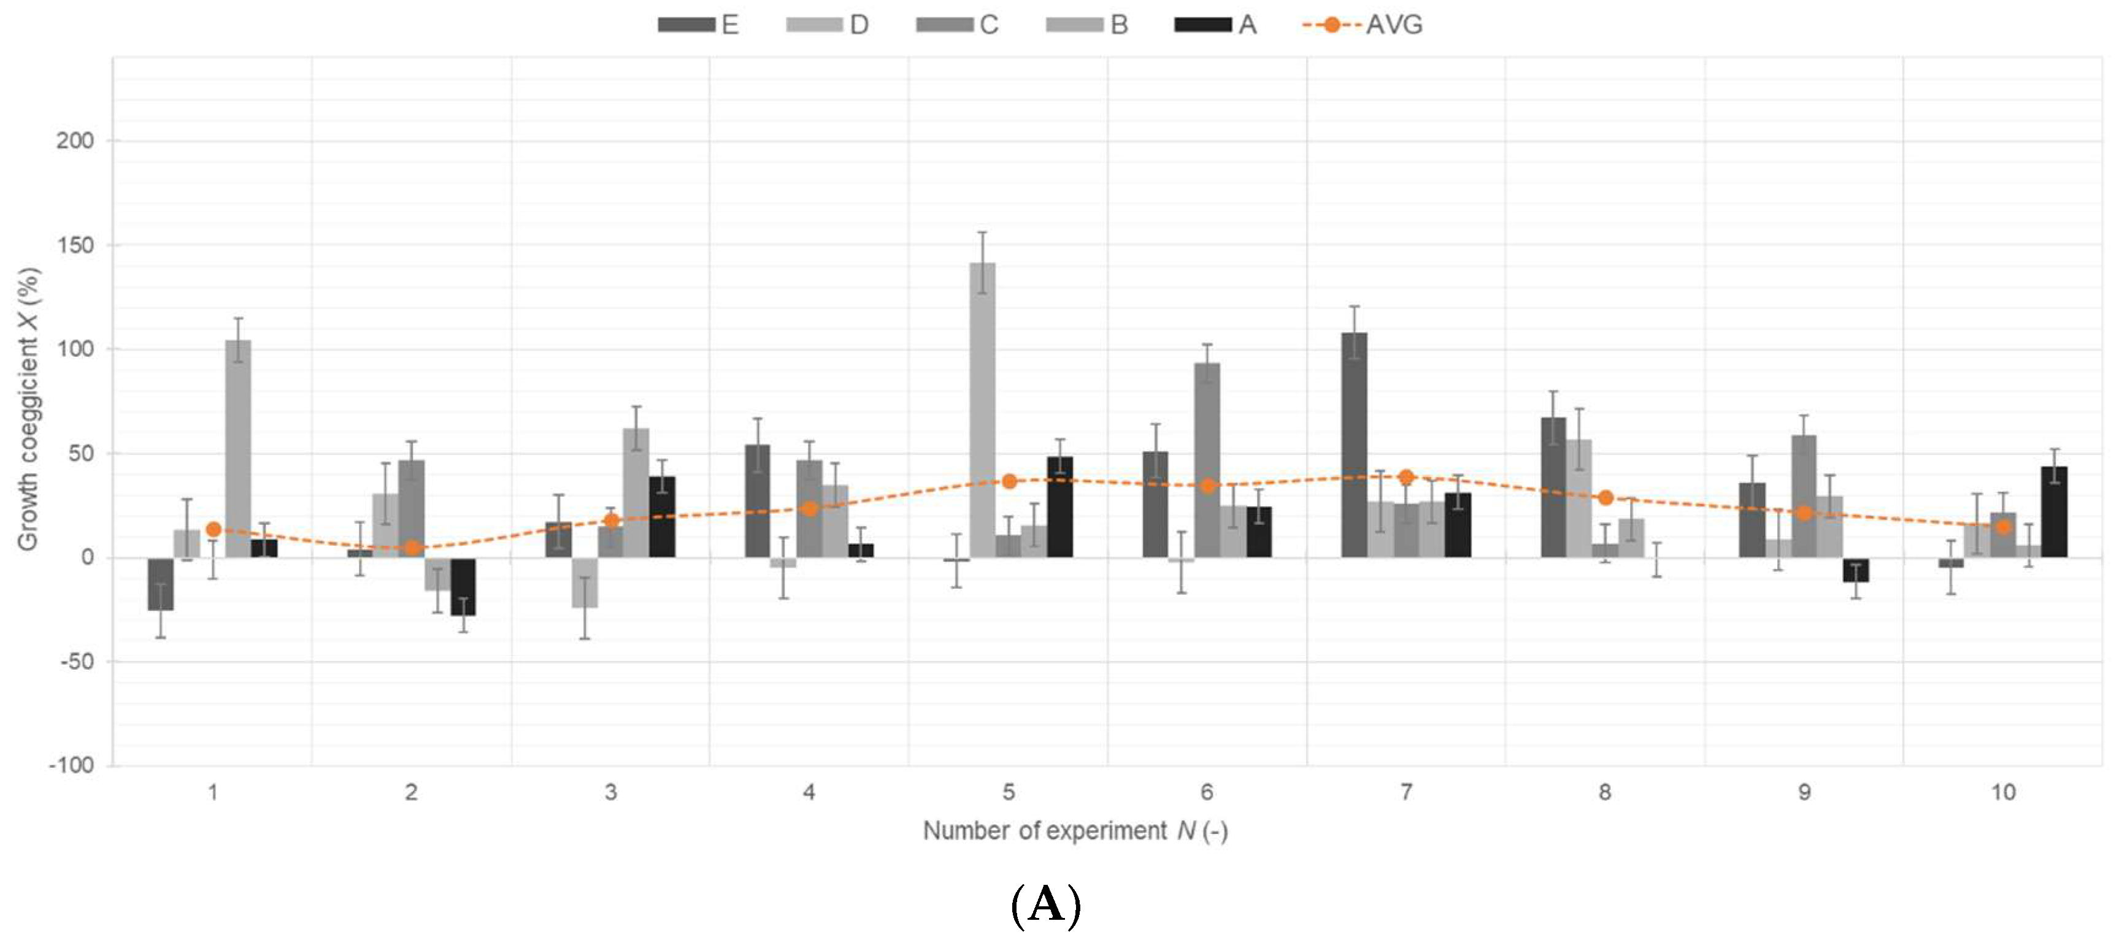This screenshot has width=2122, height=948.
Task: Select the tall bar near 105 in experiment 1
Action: [238, 449]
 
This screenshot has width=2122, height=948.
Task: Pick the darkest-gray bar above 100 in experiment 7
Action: [1355, 445]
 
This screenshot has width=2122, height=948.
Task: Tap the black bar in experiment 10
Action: [2054, 512]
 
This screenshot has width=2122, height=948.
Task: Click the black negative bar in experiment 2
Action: [463, 586]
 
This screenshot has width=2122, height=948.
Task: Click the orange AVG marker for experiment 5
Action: [1009, 481]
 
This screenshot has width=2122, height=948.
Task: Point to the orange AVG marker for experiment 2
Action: [412, 548]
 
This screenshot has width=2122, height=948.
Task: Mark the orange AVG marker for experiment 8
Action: [1605, 497]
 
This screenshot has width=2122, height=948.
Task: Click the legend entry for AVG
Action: [1363, 25]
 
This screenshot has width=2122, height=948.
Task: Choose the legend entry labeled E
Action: [699, 25]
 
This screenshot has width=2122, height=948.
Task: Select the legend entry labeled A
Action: [1216, 25]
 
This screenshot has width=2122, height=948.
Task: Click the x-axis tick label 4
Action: [809, 792]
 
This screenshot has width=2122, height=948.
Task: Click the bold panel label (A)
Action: [1045, 904]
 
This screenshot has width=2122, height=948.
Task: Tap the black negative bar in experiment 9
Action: [1856, 570]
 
